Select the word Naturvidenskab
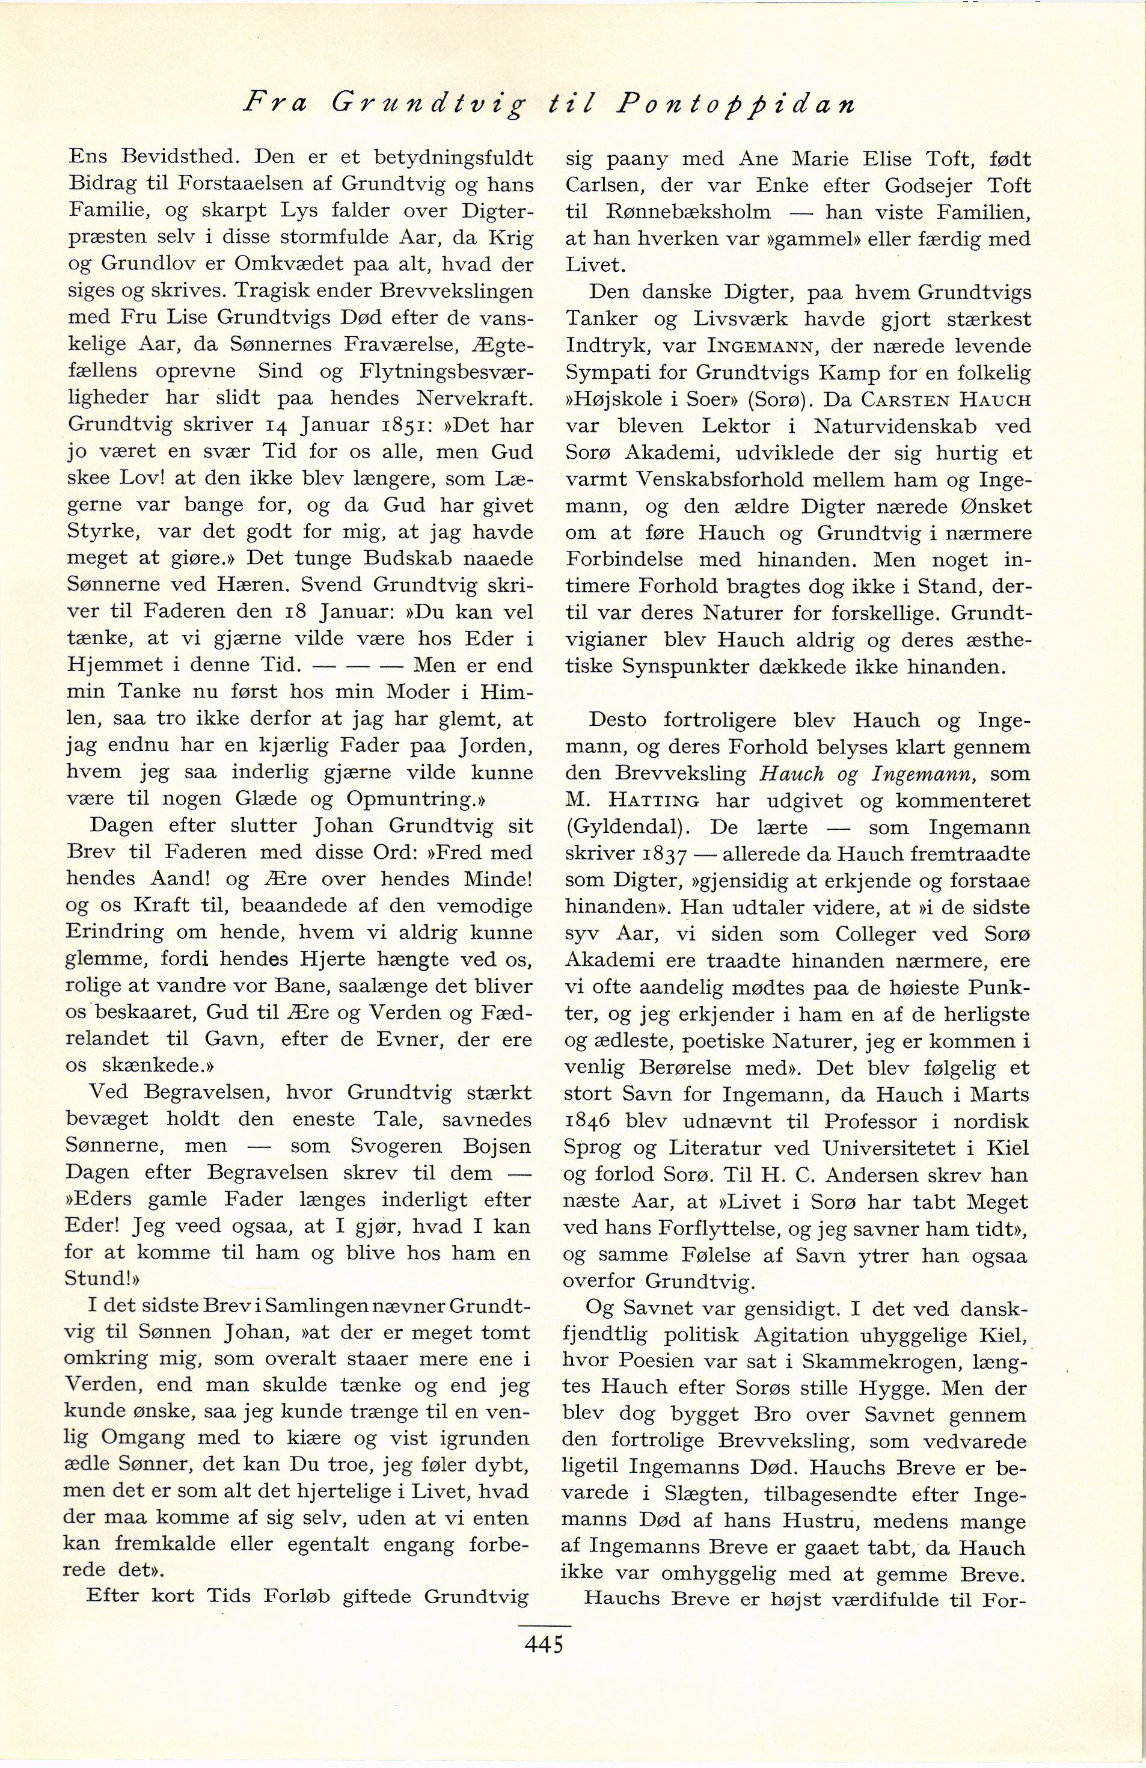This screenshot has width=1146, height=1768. tap(896, 426)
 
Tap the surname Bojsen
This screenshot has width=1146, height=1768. tap(497, 1146)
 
